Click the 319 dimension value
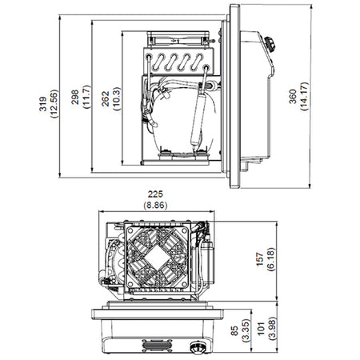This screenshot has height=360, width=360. tap(42, 104)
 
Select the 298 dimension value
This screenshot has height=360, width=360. tap(74, 97)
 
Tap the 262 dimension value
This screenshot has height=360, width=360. tap(106, 98)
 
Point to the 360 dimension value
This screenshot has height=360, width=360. tap(293, 96)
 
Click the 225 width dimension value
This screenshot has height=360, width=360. tap(155, 194)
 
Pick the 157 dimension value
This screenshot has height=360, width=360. tap(260, 259)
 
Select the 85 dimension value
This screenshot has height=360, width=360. tap(235, 330)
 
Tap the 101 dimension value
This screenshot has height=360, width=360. tap(262, 328)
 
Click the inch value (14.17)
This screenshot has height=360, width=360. tap(304, 96)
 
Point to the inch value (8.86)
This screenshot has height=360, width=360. tap(155, 206)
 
